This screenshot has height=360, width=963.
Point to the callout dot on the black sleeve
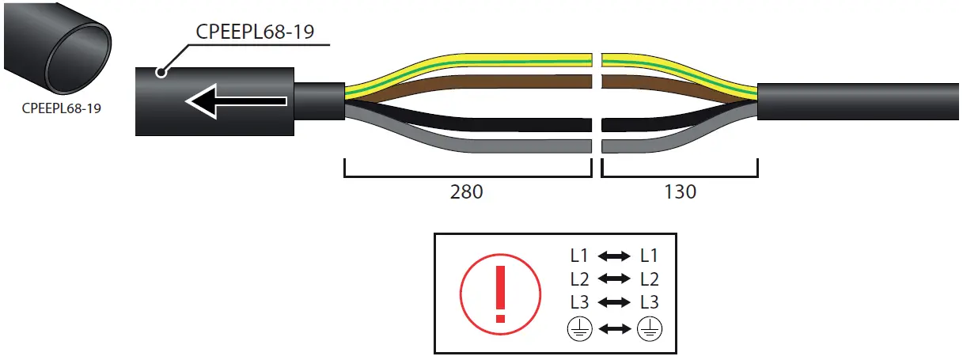[161, 73]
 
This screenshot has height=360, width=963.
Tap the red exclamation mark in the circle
[499, 293]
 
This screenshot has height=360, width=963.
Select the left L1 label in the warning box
[579, 256]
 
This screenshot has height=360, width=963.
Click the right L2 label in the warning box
[649, 279]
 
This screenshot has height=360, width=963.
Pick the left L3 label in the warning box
[579, 302]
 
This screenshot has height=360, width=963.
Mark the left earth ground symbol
[579, 328]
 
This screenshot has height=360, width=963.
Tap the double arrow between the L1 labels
[614, 256]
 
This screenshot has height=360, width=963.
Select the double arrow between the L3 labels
[614, 302]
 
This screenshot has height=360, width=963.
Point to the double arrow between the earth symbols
[614, 328]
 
